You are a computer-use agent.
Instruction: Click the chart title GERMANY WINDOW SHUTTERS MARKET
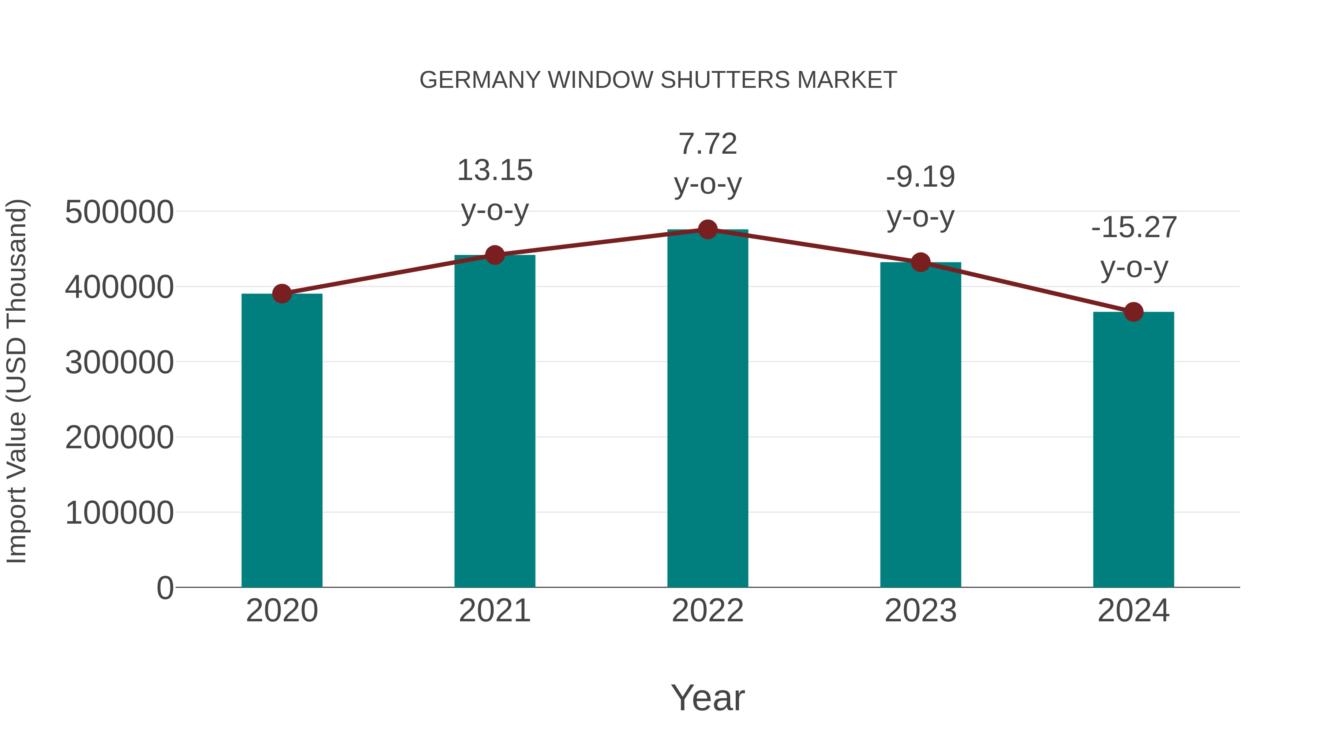[658, 80]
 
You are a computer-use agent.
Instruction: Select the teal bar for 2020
[282, 440]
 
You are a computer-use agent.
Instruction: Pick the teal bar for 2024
[1133, 450]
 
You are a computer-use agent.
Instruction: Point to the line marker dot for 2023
[920, 262]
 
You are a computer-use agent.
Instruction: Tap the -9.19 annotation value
[920, 177]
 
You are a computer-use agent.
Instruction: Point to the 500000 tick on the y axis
[119, 212]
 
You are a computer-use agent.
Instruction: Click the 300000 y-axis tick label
[119, 363]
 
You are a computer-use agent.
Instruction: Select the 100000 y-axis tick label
[119, 513]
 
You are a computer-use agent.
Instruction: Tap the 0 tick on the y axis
[165, 588]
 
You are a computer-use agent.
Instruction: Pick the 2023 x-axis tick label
[920, 611]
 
